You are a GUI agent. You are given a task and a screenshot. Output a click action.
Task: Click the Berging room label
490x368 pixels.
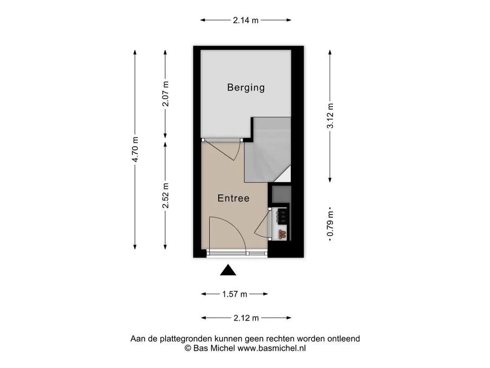(246, 88)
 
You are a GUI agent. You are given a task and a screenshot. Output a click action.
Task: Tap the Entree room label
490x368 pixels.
(234, 198)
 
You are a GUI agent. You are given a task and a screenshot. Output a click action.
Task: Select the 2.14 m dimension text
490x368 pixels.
(245, 20)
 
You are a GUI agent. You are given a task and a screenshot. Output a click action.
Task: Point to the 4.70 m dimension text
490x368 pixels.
(135, 149)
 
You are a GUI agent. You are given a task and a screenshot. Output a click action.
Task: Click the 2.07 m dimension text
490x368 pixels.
(165, 94)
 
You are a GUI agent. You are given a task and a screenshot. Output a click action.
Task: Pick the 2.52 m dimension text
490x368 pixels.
(165, 195)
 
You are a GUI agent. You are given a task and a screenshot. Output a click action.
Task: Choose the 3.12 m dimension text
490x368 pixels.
(330, 116)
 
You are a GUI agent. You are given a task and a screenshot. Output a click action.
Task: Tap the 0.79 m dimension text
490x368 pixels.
(330, 224)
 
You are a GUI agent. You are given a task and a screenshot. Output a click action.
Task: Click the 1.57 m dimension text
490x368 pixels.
(234, 294)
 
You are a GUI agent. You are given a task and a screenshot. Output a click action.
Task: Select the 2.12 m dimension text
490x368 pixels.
(246, 318)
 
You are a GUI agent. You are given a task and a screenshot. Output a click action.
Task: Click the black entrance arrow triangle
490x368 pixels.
(228, 270)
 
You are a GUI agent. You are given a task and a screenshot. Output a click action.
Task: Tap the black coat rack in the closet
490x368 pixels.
(281, 216)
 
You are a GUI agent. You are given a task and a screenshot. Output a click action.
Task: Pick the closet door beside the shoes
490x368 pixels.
(263, 223)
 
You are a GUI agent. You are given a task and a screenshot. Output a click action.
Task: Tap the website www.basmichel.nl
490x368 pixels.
(272, 348)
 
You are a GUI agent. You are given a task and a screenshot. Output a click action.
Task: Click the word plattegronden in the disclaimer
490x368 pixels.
(186, 339)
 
